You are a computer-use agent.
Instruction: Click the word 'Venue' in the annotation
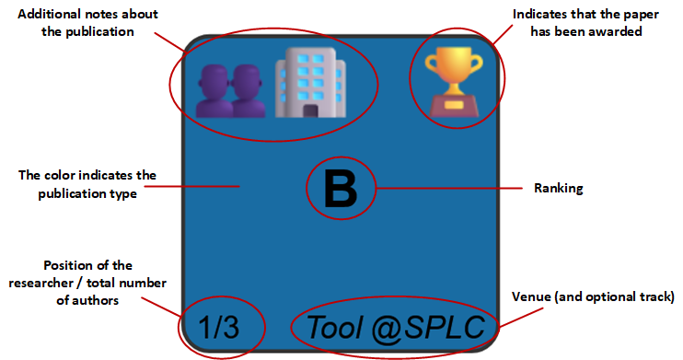click(x=534, y=297)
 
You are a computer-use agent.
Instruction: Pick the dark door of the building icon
click(x=311, y=111)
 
